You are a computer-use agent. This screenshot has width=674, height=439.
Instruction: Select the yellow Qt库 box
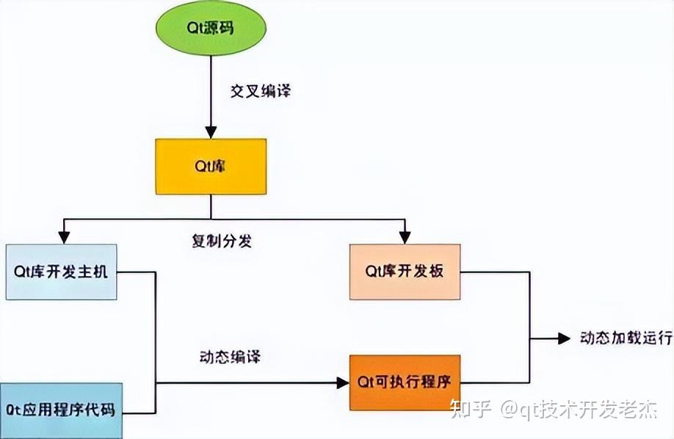(x=210, y=167)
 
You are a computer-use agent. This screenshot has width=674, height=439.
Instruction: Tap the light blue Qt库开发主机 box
(x=61, y=272)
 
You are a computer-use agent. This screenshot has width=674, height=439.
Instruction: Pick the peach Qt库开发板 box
(x=405, y=272)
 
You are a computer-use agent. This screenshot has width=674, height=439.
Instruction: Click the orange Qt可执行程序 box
(x=405, y=382)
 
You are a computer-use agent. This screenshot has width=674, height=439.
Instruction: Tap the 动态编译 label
(x=230, y=358)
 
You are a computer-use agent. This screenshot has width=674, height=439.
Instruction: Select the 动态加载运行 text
(x=626, y=338)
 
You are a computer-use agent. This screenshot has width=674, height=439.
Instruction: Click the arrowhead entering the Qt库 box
(x=211, y=133)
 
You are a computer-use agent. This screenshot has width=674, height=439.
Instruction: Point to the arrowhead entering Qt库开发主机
(x=65, y=237)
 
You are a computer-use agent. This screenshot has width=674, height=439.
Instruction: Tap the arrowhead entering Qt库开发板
(x=405, y=237)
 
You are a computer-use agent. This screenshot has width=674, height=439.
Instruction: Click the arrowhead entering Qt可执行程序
(x=342, y=382)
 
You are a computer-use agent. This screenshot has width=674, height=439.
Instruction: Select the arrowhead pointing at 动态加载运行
(x=565, y=338)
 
